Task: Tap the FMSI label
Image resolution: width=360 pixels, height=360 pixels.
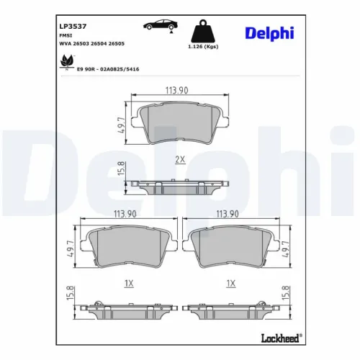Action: pos(64,34)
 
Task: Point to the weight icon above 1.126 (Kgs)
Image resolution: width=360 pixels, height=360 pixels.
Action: pos(204,32)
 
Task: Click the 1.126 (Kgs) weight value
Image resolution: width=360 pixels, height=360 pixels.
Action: pos(204,48)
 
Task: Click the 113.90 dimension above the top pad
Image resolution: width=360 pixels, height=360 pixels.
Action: pos(177,90)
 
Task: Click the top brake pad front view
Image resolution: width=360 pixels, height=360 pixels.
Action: pos(177,122)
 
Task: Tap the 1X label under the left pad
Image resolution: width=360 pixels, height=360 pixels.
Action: pos(129,284)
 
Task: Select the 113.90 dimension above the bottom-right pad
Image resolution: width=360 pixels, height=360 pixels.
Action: pos(228,214)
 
